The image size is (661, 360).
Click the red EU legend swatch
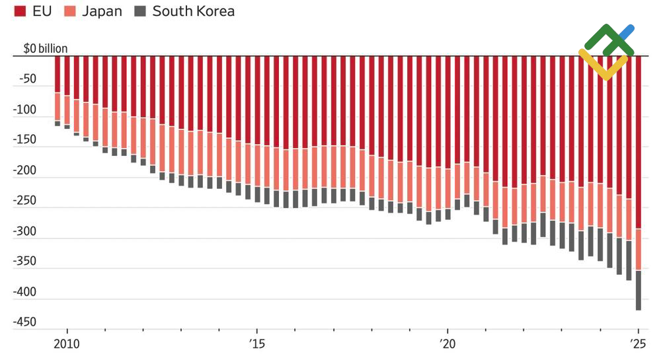click(x=20, y=11)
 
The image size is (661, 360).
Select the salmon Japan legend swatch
click(x=70, y=11)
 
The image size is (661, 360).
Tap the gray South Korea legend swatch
click(x=140, y=11)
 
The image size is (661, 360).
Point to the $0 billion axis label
click(x=45, y=48)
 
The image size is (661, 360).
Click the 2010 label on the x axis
click(x=67, y=343)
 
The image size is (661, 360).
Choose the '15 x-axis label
click(x=256, y=343)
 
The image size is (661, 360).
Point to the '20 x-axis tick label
click(x=447, y=343)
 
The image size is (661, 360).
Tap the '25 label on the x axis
click(x=638, y=343)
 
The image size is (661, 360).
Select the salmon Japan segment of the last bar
click(x=639, y=249)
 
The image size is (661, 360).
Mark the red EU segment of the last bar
click(x=639, y=145)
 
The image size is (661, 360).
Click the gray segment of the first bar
click(x=58, y=124)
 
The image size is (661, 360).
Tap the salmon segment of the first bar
click(x=58, y=106)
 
